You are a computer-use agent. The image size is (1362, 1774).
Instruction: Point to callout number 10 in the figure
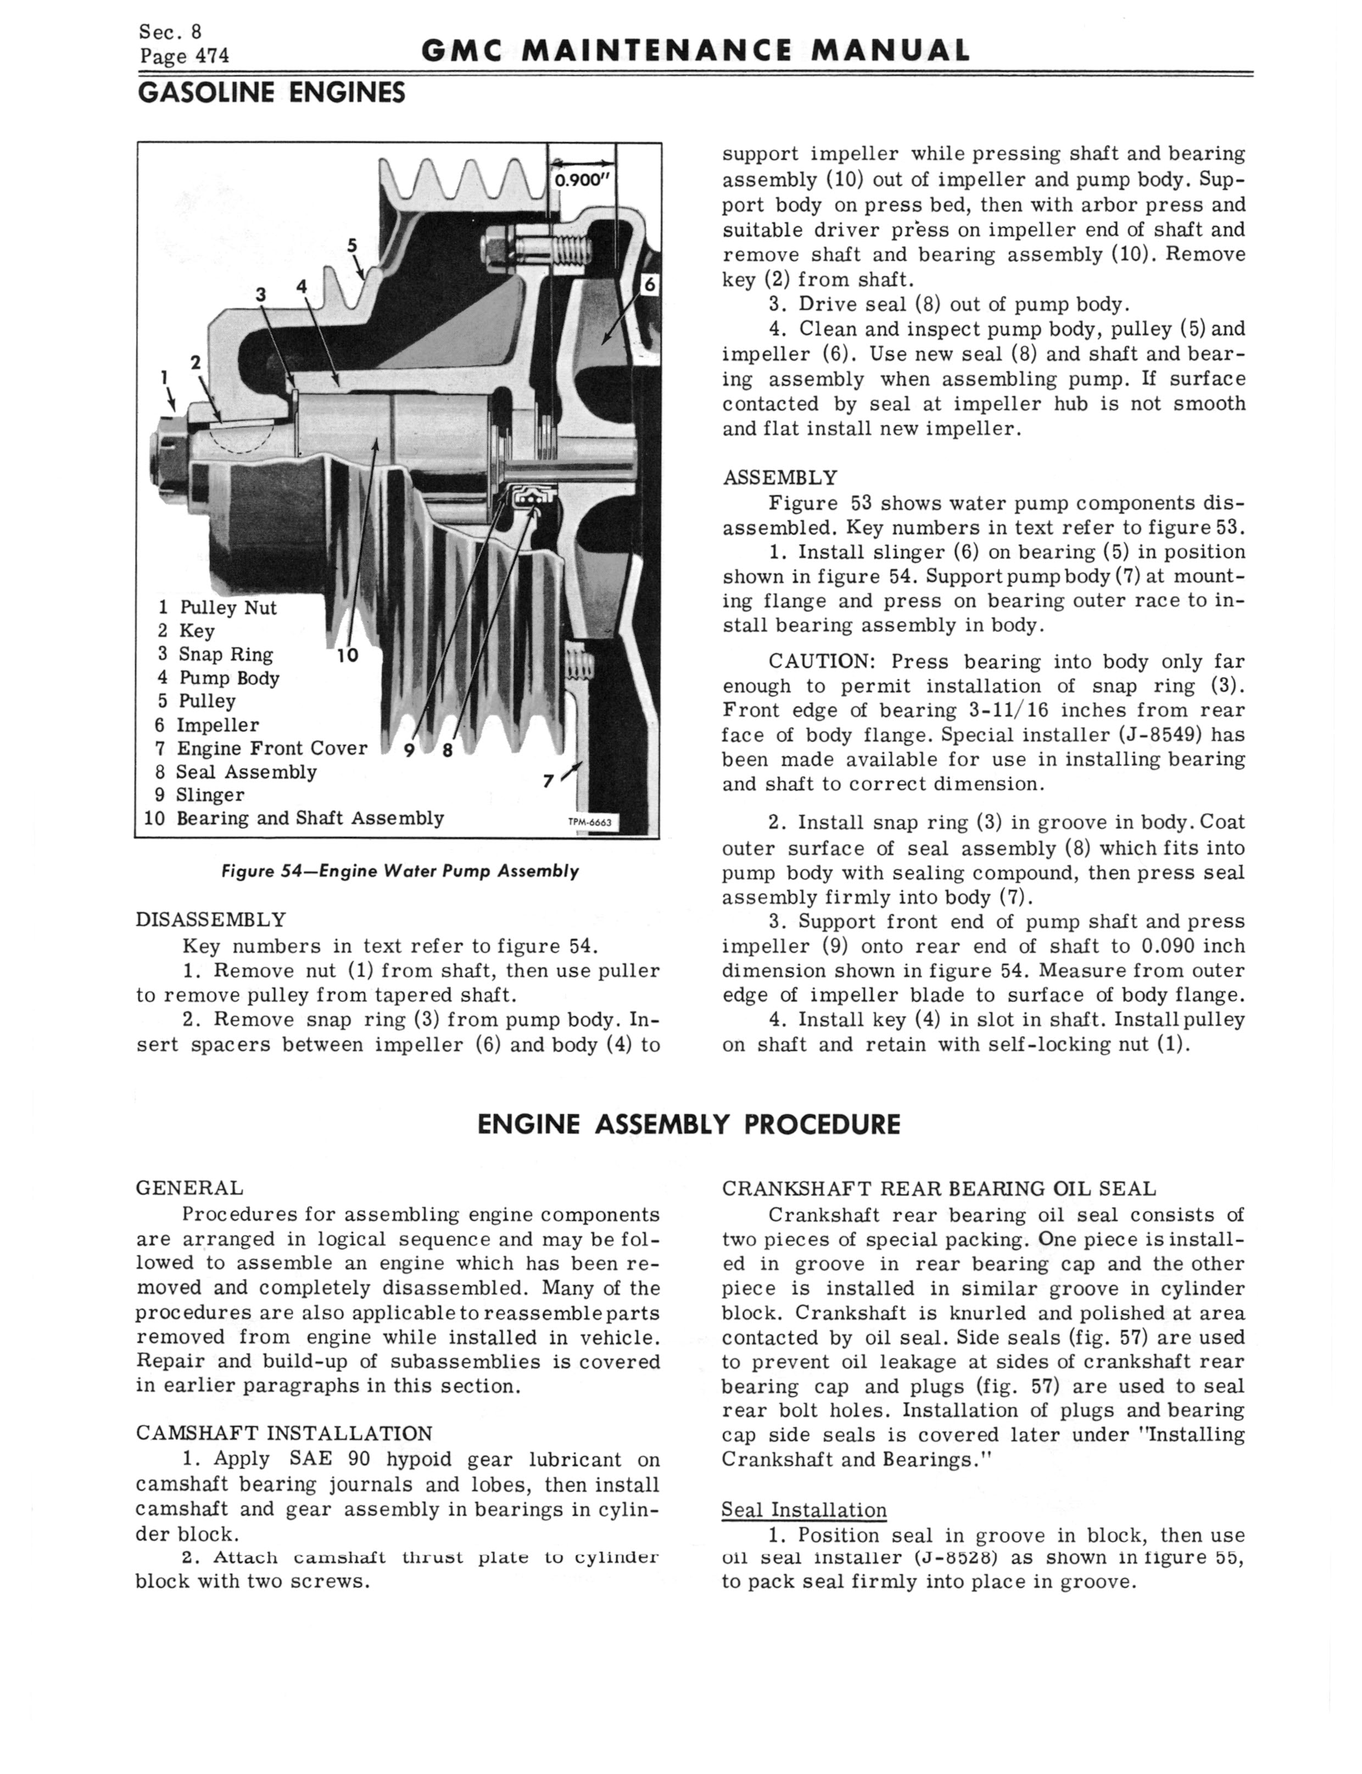(347, 655)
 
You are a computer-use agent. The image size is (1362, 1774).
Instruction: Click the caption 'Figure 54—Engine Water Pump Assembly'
(400, 871)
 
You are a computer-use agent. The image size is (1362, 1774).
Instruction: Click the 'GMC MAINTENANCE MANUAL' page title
(696, 52)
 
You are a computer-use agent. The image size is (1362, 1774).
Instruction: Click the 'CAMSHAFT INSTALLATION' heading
(284, 1433)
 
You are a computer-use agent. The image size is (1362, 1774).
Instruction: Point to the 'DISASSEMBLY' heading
(211, 920)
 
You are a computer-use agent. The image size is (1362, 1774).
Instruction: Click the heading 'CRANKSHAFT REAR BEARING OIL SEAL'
(939, 1188)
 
